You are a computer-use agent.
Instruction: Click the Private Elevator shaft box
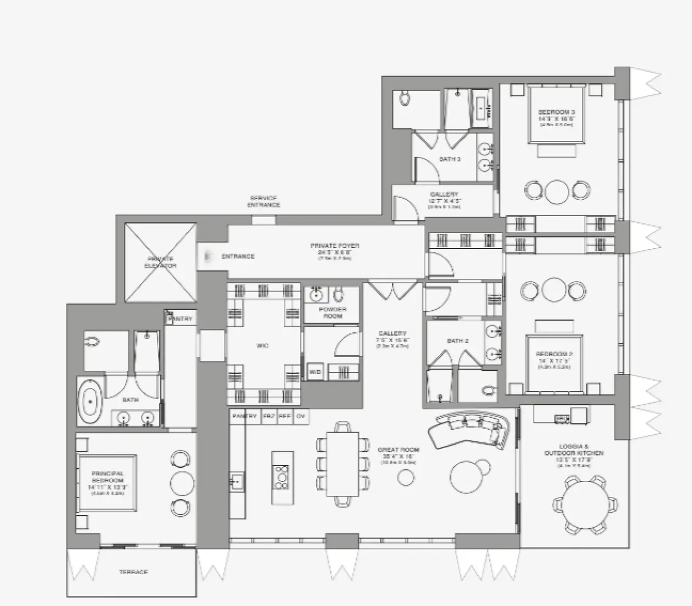pyautogui.click(x=160, y=262)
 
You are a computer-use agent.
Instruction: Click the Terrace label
pyautogui.click(x=133, y=572)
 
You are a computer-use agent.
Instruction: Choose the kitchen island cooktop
pyautogui.click(x=281, y=477)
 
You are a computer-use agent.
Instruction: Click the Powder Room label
pyautogui.click(x=333, y=312)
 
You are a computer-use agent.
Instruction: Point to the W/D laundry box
pyautogui.click(x=315, y=372)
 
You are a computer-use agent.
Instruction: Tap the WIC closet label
pyautogui.click(x=263, y=346)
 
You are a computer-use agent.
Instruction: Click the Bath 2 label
pyautogui.click(x=457, y=341)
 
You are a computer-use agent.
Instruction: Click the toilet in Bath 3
pyautogui.click(x=405, y=99)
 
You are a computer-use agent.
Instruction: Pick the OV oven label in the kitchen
pyautogui.click(x=301, y=416)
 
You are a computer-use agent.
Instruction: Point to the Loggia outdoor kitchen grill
pyautogui.click(x=561, y=419)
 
